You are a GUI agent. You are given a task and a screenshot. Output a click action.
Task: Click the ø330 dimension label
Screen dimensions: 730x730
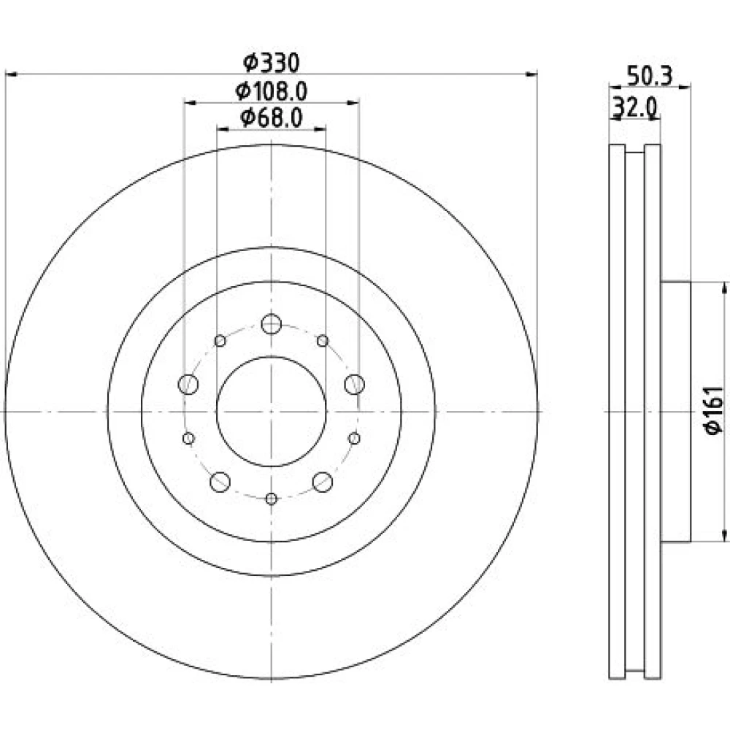[x=272, y=63]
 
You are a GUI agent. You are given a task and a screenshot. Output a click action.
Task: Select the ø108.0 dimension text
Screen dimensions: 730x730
[x=272, y=91]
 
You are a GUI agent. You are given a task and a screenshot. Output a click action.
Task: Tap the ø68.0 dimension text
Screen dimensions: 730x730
[x=272, y=118]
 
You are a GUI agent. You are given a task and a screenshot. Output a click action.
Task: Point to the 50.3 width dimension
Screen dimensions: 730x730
[x=650, y=76]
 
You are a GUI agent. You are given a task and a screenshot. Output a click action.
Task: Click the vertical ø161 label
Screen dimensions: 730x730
[x=715, y=410]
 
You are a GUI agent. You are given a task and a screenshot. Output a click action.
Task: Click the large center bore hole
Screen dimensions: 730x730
[x=272, y=412]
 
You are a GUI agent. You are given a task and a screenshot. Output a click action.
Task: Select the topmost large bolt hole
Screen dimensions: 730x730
[x=272, y=324]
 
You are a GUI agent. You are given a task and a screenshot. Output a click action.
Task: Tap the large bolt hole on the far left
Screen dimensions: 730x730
[x=188, y=385]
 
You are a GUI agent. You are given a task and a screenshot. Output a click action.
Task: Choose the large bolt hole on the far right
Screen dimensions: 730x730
[x=354, y=385]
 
